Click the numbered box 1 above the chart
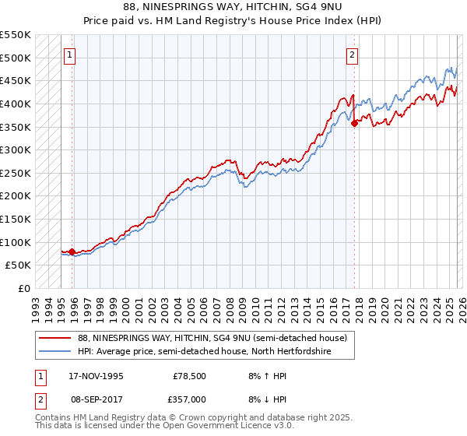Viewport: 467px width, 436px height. pos(71,54)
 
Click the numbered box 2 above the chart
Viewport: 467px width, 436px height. pos(353,54)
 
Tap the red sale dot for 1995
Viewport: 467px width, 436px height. pos(72,251)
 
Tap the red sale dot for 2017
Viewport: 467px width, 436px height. pos(354,122)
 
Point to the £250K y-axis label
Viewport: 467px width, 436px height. pos(16,173)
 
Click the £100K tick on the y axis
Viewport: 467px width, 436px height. pos(16,242)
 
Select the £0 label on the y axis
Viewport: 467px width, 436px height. pos(25,288)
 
